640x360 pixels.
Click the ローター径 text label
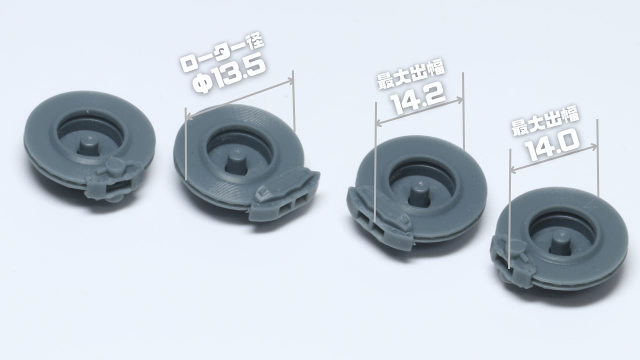coord(221,53)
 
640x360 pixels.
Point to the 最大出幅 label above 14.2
coord(411,74)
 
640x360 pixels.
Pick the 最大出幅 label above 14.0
coord(545,121)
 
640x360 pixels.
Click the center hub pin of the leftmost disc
coord(88,147)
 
